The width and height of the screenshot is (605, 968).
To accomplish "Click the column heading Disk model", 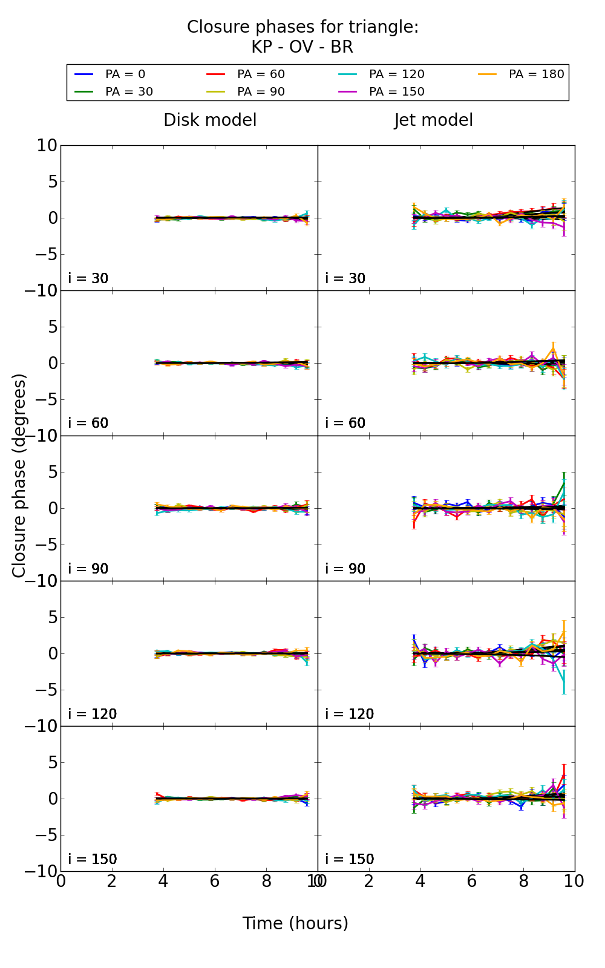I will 210,120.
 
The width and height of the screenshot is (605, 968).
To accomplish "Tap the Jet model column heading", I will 433,120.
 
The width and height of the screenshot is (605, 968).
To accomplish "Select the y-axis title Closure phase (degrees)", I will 19,476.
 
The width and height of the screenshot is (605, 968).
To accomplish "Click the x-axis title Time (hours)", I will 295,924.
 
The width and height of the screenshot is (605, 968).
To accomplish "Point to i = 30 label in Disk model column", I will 88,278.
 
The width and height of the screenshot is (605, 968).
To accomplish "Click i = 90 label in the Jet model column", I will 345,569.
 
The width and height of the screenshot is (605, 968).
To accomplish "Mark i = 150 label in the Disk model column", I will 93,859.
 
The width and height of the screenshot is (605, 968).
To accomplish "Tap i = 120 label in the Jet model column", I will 350,714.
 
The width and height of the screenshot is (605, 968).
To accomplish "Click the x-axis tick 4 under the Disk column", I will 163,881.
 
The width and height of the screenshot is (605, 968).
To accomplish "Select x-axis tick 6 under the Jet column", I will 472,881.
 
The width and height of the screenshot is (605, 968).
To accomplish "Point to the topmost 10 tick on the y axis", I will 47,146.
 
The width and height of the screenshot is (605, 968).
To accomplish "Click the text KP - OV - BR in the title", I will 302,47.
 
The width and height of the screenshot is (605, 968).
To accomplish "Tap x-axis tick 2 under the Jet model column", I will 369,881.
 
